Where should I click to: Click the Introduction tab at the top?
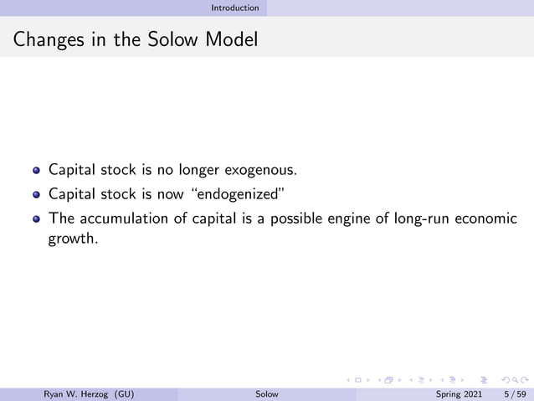(x=234, y=8)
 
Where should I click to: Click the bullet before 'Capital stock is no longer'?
(x=36, y=171)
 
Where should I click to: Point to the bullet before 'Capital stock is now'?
(x=36, y=195)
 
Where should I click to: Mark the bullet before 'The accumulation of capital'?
(x=36, y=219)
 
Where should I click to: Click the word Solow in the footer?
(x=267, y=393)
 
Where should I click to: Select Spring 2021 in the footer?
(x=460, y=393)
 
